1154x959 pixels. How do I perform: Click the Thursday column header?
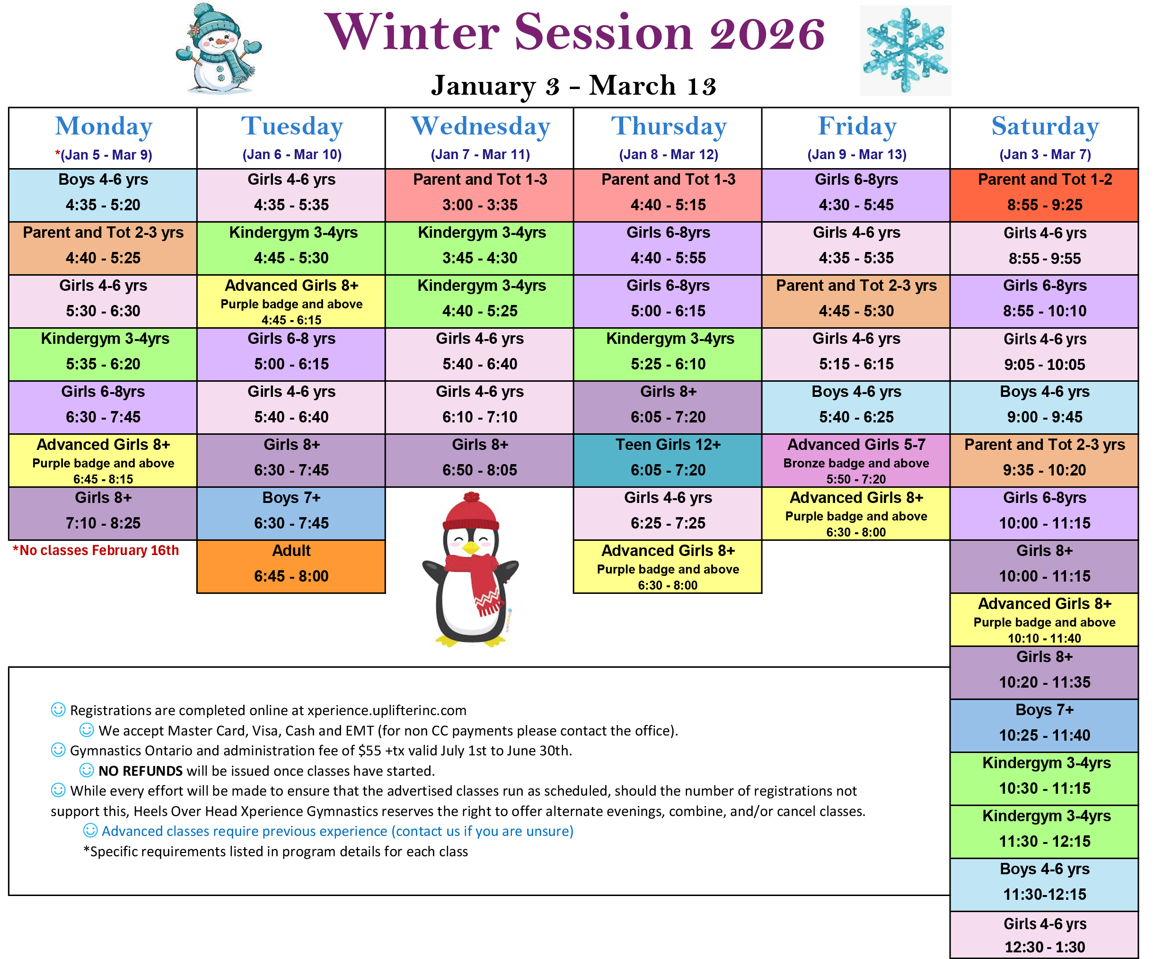pyautogui.click(x=669, y=126)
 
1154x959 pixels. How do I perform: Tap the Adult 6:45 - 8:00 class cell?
pyautogui.click(x=291, y=566)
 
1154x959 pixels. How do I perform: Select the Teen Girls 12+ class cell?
pyautogui.click(x=668, y=460)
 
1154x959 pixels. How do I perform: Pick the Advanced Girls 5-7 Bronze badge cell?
pyautogui.click(x=856, y=460)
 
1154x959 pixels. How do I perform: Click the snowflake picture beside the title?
pyautogui.click(x=905, y=51)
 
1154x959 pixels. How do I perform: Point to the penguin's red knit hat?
pyautogui.click(x=471, y=511)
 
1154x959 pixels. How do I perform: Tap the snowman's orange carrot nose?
pyautogui.click(x=220, y=41)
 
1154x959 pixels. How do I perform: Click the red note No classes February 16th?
pyautogui.click(x=96, y=550)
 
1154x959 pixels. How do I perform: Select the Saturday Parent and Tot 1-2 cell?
pyautogui.click(x=1044, y=195)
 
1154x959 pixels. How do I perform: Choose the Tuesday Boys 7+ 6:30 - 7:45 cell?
pyautogui.click(x=291, y=513)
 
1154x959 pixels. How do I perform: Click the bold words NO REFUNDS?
pyautogui.click(x=141, y=771)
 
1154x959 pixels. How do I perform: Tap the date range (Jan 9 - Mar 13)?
pyautogui.click(x=857, y=154)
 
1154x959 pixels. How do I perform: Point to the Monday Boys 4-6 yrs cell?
pyautogui.click(x=103, y=195)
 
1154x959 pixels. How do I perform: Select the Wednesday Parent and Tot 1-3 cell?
pyautogui.click(x=480, y=195)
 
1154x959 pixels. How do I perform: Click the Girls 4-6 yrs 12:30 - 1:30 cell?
pyautogui.click(x=1044, y=935)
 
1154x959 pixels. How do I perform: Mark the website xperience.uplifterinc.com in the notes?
pyautogui.click(x=387, y=710)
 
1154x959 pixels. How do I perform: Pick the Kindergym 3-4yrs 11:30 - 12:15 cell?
pyautogui.click(x=1044, y=832)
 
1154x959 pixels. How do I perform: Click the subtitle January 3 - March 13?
pyautogui.click(x=574, y=86)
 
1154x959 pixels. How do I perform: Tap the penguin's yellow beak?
pyautogui.click(x=471, y=547)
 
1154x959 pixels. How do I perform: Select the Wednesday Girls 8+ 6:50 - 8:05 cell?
pyautogui.click(x=480, y=460)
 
